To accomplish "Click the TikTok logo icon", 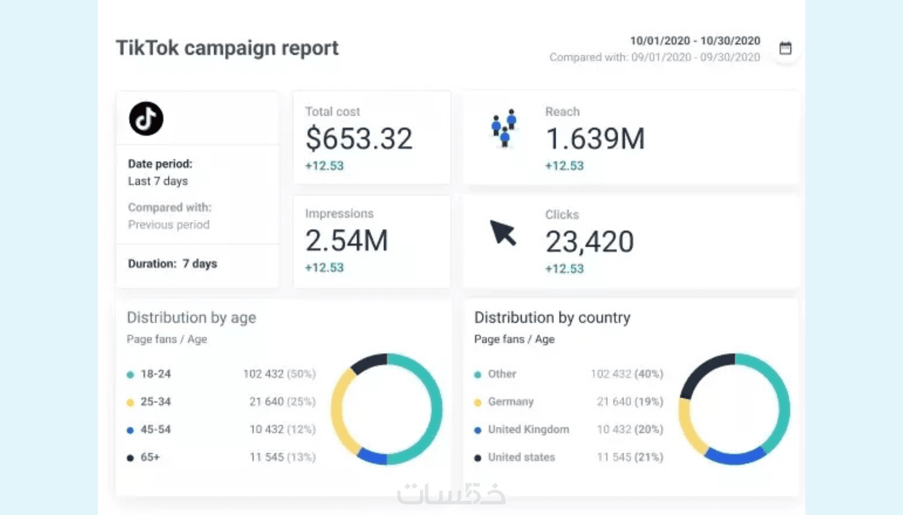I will click(146, 118).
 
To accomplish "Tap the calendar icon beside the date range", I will click(785, 48).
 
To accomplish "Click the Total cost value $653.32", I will click(359, 139).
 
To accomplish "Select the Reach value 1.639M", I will click(595, 139).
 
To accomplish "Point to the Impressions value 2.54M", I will click(347, 241).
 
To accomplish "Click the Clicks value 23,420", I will click(590, 242).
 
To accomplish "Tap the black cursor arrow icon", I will click(502, 233).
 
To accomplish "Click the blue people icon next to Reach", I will click(504, 128).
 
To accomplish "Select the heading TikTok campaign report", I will click(227, 48).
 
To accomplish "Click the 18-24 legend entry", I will click(155, 374).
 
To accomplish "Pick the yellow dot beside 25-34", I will click(130, 402).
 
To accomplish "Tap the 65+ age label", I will click(150, 457).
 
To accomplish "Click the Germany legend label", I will click(510, 402).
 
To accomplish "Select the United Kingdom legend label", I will click(528, 430).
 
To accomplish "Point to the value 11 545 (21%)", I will click(630, 457).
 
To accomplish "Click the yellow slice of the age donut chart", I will click(340, 409).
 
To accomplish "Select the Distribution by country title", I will click(552, 317).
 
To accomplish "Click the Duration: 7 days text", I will click(173, 264).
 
